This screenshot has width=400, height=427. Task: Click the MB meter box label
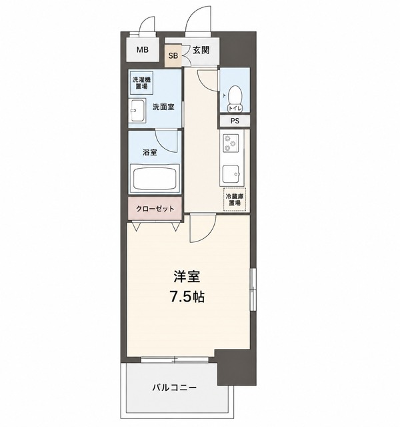click(142, 50)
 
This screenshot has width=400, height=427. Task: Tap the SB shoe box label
click(173, 56)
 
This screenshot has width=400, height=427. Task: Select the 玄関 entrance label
click(201, 50)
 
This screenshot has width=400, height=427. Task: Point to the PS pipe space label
click(235, 121)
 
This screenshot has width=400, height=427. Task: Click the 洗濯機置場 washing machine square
click(141, 83)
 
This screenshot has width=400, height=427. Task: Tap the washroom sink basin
click(136, 111)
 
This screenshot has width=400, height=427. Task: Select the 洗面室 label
click(163, 107)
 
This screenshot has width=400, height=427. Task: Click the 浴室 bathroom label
click(149, 152)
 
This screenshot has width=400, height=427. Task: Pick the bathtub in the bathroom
click(155, 178)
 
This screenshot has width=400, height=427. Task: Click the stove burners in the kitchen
click(230, 143)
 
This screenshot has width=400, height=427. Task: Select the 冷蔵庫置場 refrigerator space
click(235, 199)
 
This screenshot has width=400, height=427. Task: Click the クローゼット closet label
click(155, 209)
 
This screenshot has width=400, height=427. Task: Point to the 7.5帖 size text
click(187, 296)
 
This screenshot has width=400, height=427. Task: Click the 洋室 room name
click(187, 277)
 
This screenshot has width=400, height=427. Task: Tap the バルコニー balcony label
click(174, 387)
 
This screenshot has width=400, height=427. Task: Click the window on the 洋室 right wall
click(253, 289)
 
